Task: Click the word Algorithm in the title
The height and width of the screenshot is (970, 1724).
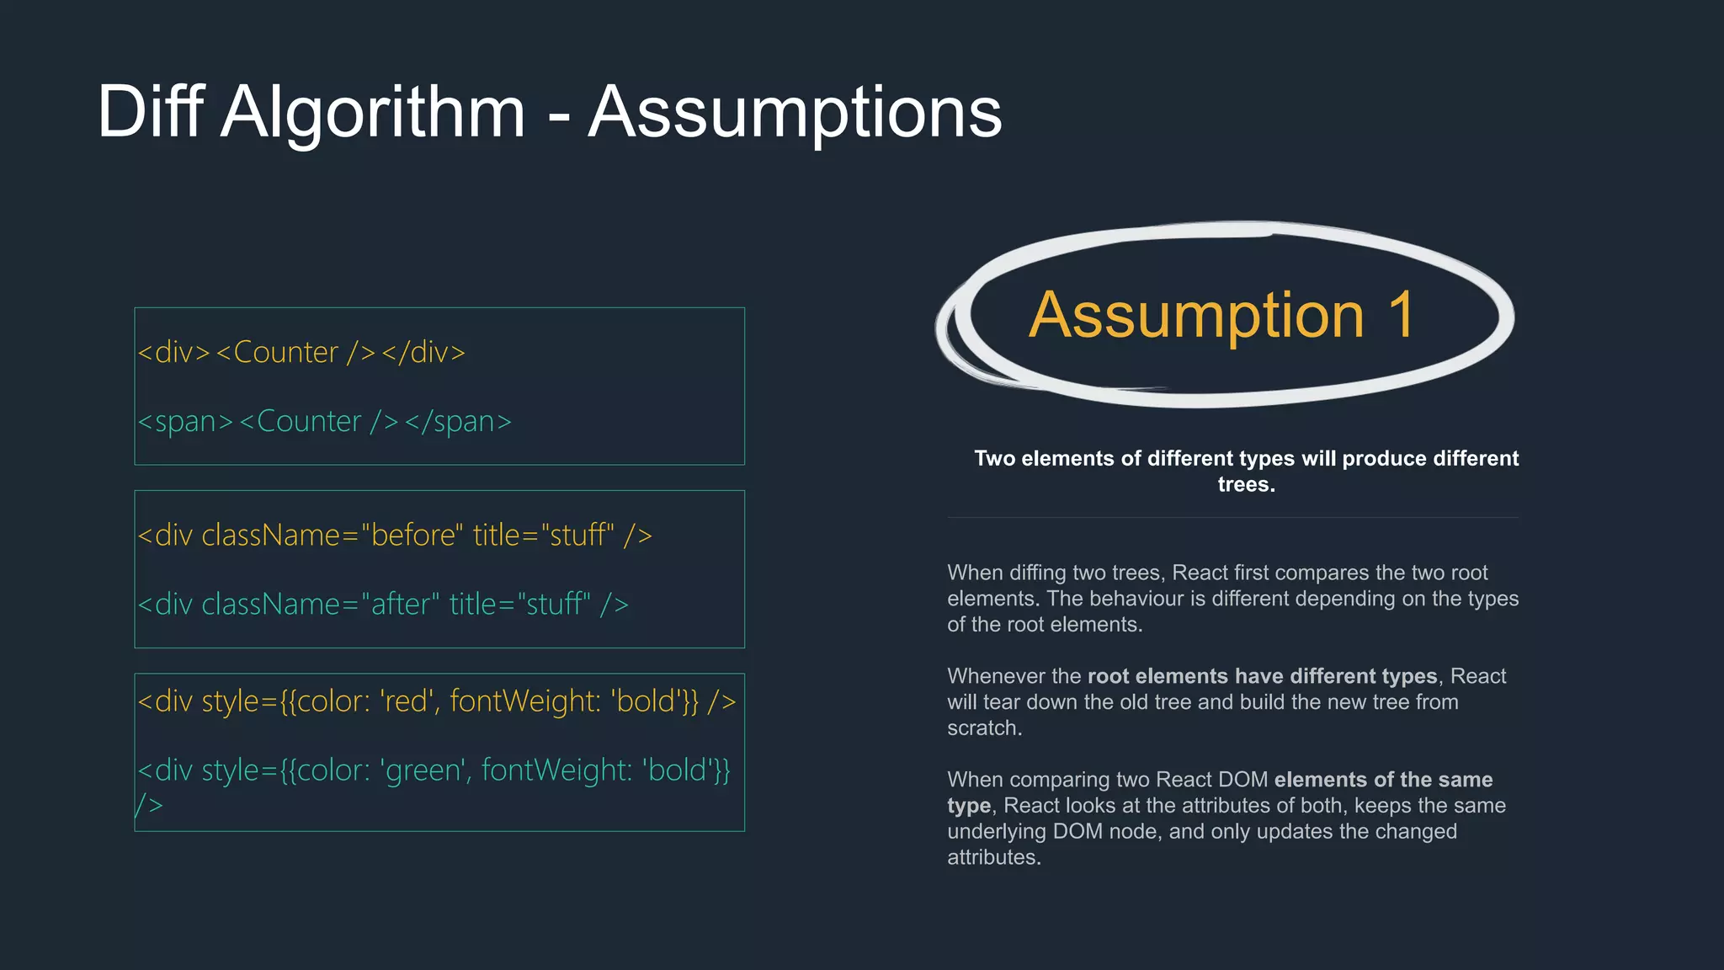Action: tap(373, 113)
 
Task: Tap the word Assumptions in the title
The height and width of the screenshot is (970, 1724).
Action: tap(795, 113)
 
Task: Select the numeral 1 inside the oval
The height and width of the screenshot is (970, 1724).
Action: tap(1402, 315)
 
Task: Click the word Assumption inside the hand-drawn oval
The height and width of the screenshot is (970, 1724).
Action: tap(1196, 317)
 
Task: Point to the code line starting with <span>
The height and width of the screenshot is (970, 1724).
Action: tap(325, 421)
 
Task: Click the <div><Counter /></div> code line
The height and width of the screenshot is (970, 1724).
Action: tap(301, 352)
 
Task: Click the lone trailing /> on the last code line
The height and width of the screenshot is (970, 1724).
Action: tap(149, 805)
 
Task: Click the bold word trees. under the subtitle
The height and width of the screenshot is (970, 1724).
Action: tap(1246, 484)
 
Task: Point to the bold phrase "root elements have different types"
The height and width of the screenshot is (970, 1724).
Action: tap(1262, 676)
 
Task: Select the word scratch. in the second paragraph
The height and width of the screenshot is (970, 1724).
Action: tap(984, 727)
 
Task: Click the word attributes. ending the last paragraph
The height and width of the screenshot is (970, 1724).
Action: tap(994, 857)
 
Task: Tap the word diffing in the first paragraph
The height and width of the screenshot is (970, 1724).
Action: tap(1043, 573)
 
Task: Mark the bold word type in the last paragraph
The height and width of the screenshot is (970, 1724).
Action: tap(969, 806)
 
